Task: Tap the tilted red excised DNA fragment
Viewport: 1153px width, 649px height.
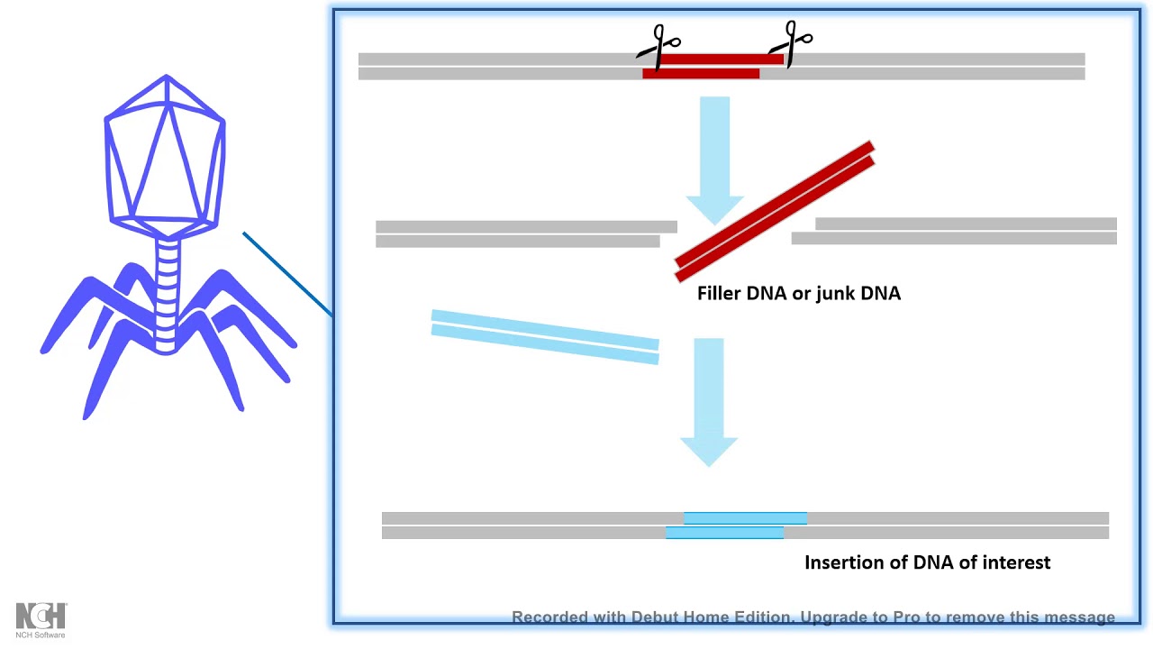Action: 775,211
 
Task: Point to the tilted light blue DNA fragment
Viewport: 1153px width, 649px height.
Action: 545,337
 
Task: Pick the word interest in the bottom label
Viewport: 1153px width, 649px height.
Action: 1016,562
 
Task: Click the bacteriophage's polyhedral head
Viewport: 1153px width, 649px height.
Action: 166,153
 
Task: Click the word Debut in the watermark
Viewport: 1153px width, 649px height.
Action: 655,617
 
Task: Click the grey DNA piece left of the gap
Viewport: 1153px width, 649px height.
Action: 522,233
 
